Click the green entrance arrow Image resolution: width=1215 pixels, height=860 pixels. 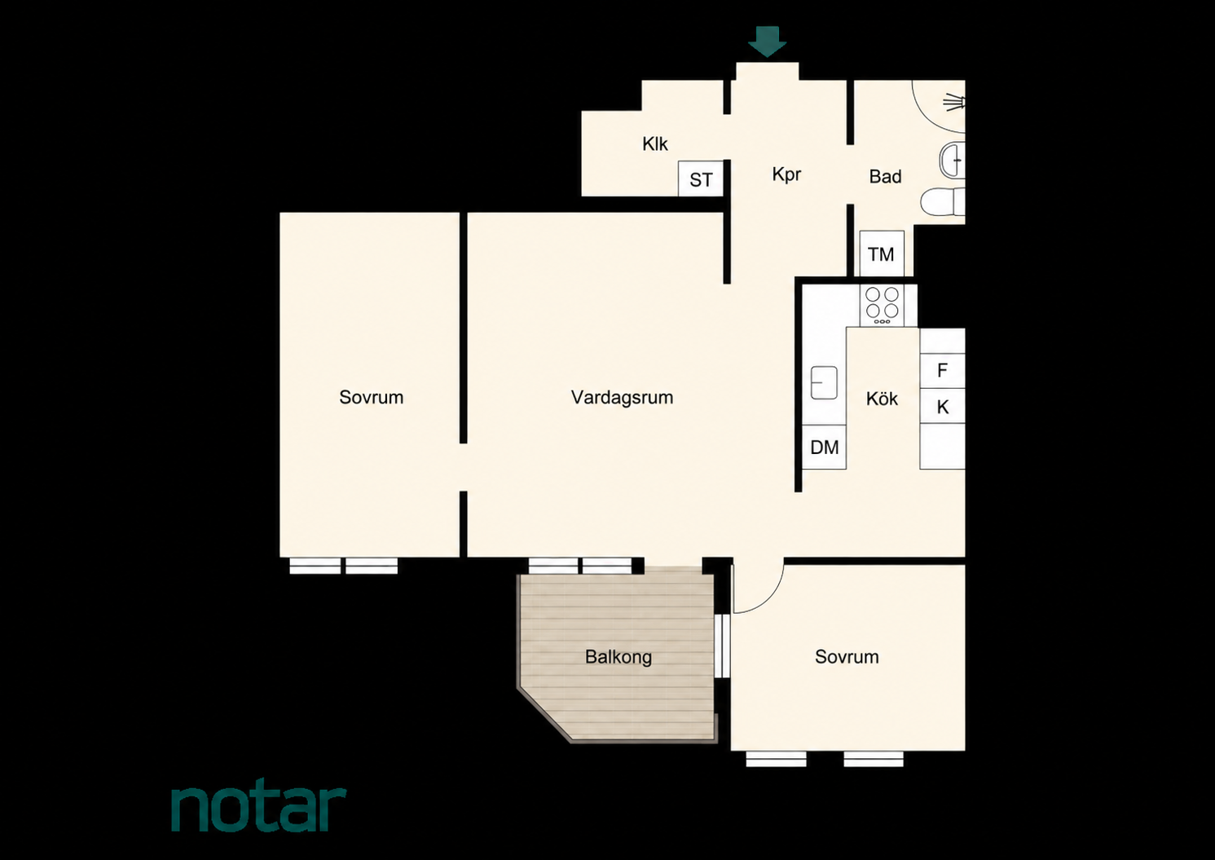(767, 42)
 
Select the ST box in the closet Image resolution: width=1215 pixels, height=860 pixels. (701, 179)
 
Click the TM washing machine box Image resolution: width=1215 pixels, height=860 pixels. (882, 254)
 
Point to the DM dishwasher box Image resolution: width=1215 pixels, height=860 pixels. (824, 447)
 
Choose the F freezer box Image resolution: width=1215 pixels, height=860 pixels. (942, 371)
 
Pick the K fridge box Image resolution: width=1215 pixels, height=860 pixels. (942, 407)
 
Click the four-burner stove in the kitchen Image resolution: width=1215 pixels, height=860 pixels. (882, 306)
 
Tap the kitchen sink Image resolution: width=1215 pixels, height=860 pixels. (824, 383)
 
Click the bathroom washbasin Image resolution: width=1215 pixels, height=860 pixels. (953, 160)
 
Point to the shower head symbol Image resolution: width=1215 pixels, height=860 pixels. (955, 102)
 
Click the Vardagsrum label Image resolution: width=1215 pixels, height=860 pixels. (622, 398)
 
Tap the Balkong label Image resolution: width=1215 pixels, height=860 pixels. (619, 657)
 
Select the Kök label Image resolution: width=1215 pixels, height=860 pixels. (882, 399)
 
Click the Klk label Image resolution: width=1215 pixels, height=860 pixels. (655, 143)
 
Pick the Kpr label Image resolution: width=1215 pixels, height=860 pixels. (786, 174)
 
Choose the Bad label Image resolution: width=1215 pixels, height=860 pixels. (885, 176)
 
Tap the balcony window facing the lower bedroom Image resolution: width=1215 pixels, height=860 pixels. (721, 646)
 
